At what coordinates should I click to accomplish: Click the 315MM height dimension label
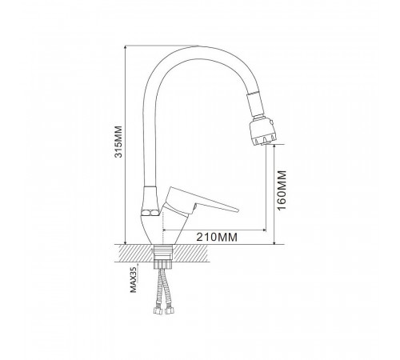[118, 142]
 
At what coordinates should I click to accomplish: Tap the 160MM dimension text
[282, 190]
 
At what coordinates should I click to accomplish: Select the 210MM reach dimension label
[217, 237]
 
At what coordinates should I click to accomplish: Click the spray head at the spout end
[263, 132]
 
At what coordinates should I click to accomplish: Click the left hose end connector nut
[158, 310]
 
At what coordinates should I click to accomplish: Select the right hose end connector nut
[169, 310]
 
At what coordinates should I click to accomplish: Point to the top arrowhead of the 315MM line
[126, 48]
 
